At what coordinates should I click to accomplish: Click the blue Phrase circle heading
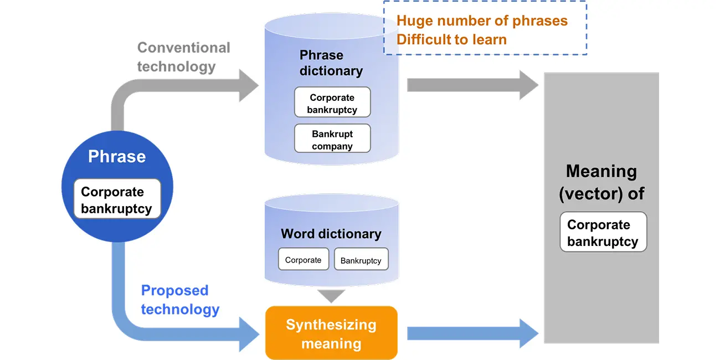117,157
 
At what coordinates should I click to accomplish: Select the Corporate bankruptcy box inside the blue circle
117,200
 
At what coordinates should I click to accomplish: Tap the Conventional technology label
183,57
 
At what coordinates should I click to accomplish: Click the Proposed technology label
180,300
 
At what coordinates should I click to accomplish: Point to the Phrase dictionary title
331,63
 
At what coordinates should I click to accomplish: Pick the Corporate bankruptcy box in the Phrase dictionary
332,104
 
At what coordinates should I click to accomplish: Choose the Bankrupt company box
332,140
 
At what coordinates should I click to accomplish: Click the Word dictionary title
331,234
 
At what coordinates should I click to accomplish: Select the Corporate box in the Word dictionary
303,260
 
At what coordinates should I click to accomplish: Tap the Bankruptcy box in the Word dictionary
361,260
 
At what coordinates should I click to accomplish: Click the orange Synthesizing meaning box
331,333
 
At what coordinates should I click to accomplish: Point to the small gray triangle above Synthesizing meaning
331,296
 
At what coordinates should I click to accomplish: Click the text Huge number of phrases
482,21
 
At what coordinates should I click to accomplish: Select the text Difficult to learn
451,39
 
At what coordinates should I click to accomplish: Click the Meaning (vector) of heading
601,182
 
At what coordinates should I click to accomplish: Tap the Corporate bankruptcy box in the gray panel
603,233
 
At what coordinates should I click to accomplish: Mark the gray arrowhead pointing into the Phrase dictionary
249,85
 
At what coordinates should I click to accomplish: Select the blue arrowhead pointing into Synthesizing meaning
249,333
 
